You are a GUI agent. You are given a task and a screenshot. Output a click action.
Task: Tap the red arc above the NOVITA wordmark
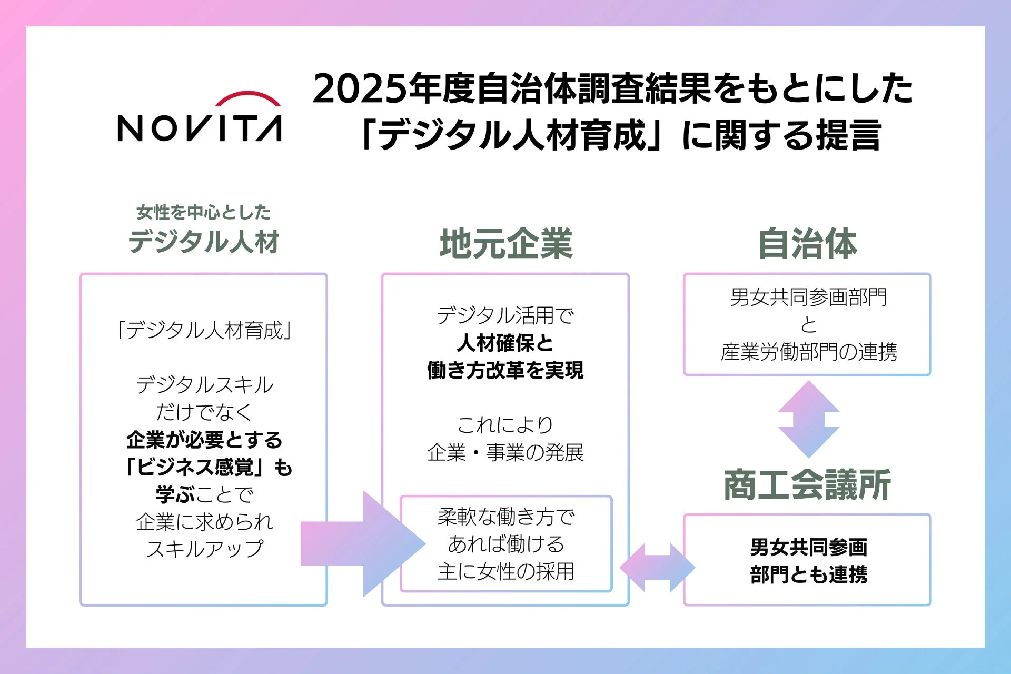tap(248, 97)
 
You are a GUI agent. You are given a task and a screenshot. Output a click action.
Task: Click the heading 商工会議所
tap(807, 485)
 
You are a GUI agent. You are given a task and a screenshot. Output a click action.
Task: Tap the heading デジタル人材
tap(204, 242)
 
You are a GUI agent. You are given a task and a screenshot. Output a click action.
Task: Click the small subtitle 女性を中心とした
tap(204, 212)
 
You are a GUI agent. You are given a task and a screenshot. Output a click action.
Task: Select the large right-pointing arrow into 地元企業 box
tap(363, 543)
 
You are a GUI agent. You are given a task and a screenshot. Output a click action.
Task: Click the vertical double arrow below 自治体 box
tap(808, 419)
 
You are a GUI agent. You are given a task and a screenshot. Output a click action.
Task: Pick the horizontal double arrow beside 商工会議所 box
tap(657, 568)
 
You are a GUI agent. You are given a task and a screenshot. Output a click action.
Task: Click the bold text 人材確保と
tap(506, 343)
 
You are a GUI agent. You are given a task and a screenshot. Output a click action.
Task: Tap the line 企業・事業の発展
tap(506, 452)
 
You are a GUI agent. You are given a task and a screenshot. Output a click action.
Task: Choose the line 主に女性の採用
tap(506, 571)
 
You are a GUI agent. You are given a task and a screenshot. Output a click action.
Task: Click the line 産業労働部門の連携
tap(808, 352)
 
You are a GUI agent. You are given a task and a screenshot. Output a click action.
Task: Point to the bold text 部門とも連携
tap(808, 574)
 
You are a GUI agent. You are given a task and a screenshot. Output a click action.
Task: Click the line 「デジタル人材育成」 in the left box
tap(204, 331)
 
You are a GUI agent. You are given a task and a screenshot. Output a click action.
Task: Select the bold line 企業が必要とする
tap(204, 440)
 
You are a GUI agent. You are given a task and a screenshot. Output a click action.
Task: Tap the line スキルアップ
tap(204, 549)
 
